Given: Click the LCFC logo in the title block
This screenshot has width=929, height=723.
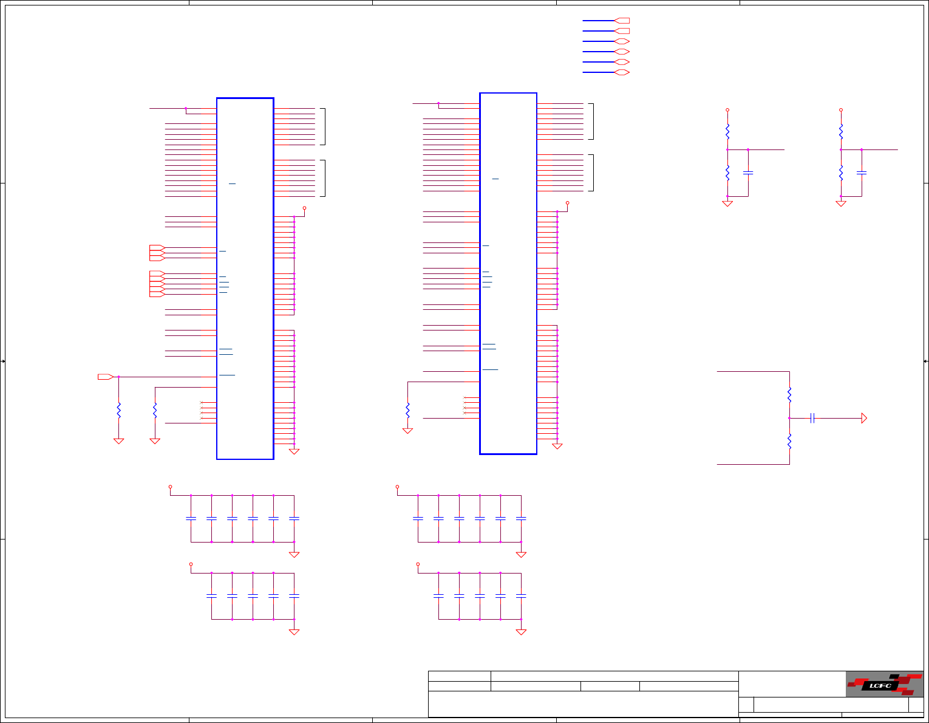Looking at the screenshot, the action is click(884, 684).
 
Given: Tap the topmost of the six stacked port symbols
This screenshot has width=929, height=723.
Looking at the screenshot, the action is click(622, 21).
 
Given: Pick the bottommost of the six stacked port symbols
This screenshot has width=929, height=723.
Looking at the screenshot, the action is click(622, 72).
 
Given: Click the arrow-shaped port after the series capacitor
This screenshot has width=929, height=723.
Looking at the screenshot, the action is click(864, 418).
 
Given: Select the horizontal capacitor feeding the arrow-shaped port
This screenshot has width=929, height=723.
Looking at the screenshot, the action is click(812, 418).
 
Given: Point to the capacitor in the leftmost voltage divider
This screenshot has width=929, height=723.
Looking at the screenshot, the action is click(748, 173).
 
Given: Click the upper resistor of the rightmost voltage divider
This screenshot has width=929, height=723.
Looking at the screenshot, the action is click(841, 131).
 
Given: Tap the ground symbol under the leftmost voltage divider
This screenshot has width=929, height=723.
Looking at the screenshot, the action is click(727, 204).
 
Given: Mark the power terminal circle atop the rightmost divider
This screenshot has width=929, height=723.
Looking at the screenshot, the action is click(841, 110).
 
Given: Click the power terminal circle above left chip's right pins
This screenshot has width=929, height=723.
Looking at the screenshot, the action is click(304, 208).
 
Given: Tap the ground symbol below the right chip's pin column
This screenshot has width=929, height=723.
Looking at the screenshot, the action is click(557, 447).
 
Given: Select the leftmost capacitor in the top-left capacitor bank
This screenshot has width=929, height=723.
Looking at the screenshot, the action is click(191, 518).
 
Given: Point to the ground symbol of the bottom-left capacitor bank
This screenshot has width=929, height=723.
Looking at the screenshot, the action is click(294, 632).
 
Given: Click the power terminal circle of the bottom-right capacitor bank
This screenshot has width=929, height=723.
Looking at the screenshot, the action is click(418, 564).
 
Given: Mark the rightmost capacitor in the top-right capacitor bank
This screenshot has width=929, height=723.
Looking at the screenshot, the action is click(521, 518).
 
